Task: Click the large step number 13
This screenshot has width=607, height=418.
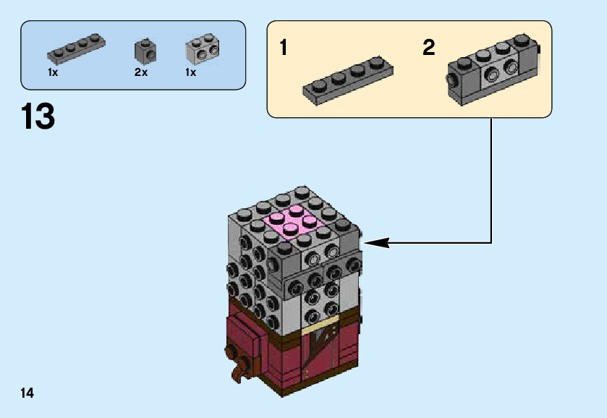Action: point(38,116)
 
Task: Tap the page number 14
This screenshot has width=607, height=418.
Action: point(27,393)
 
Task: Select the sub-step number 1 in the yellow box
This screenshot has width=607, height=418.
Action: point(284,48)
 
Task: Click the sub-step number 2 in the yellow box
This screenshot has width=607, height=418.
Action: point(429,48)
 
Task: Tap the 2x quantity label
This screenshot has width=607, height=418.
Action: point(140,73)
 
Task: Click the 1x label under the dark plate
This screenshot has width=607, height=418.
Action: point(53,73)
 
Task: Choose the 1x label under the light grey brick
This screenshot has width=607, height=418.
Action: point(191,73)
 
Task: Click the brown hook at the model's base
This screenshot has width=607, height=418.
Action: point(235,365)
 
